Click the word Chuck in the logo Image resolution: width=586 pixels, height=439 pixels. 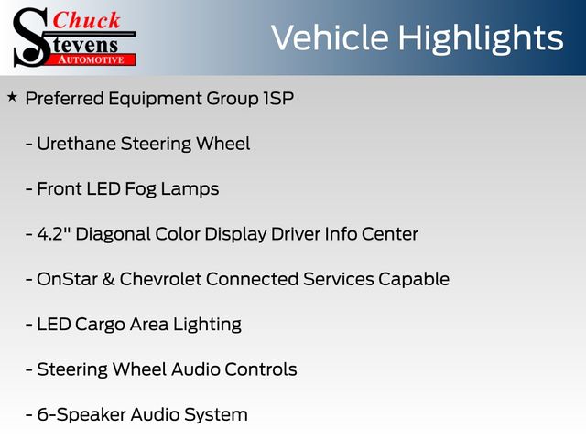86,20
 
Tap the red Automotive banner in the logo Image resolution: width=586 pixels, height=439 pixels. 92,59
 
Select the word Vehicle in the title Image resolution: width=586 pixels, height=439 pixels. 330,37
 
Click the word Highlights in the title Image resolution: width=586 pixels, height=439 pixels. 481,39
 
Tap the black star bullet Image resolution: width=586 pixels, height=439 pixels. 12,97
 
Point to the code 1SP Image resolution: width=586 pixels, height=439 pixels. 278,98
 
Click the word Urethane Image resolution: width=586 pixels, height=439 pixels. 77,144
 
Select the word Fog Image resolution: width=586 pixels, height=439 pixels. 140,189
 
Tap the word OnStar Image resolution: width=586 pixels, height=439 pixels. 67,279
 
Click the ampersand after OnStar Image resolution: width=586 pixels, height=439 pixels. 108,279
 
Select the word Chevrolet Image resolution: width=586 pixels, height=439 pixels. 160,279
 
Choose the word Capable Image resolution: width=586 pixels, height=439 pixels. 414,280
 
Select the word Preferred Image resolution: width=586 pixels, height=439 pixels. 65,99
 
